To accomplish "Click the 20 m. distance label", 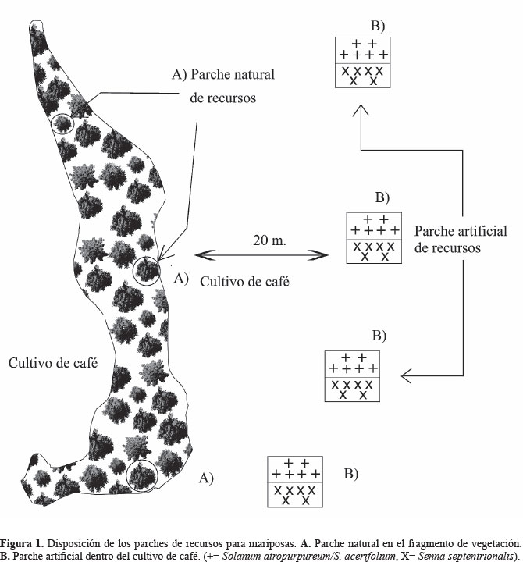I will [x=263, y=240].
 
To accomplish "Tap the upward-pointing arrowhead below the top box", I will [x=360, y=111].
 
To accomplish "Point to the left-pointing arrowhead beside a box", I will [x=405, y=377].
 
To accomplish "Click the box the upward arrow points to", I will [x=362, y=62].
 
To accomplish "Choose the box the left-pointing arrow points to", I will [x=352, y=377].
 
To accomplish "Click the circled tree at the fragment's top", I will [x=62, y=124].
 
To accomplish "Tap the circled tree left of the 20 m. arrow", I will [x=146, y=271].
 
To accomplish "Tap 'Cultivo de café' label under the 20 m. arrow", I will [x=244, y=282].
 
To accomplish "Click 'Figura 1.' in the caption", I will [x=25, y=542].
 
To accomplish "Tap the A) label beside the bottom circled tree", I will [x=206, y=475].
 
